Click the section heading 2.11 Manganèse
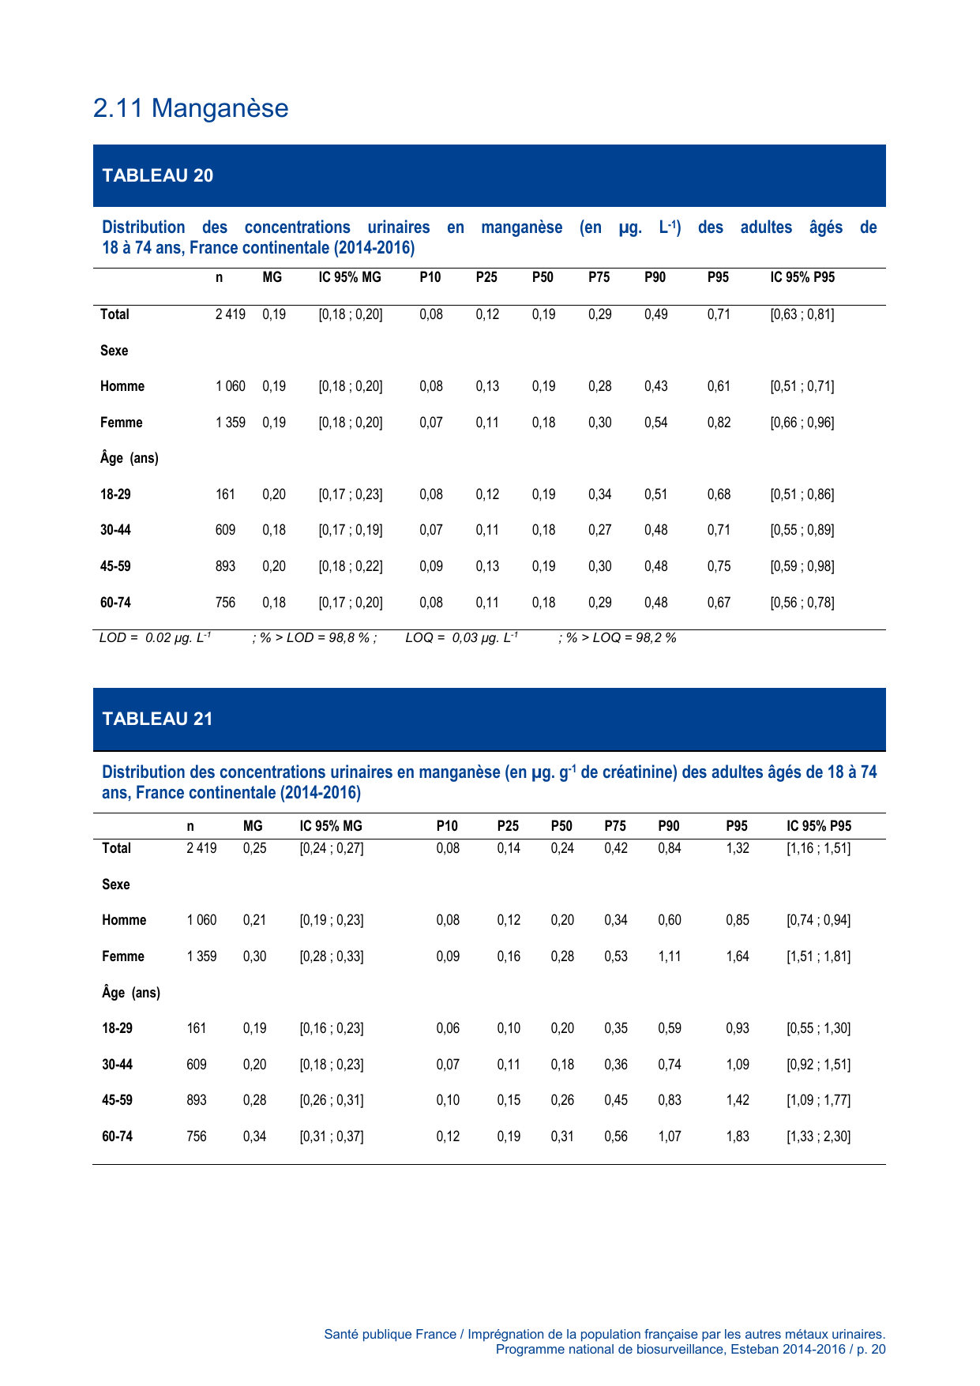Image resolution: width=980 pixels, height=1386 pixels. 190,108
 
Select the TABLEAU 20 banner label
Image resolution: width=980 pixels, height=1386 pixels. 157,175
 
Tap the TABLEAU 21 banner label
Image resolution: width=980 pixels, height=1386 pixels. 157,719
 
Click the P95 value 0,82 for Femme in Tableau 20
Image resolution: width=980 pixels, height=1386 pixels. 719,423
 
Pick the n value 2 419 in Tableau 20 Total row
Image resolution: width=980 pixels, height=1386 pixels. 230,314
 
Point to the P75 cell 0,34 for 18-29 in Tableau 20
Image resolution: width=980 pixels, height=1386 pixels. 599,494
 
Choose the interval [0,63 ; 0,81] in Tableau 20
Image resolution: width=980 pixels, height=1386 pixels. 802,314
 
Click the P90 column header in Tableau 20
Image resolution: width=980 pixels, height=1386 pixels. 655,277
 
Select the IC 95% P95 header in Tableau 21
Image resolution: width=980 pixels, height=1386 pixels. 819,826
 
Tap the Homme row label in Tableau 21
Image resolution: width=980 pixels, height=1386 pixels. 124,920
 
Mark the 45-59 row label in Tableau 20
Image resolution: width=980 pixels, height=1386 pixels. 115,566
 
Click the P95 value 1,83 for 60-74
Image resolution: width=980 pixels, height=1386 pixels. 738,1136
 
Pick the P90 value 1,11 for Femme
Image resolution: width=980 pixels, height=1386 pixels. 669,956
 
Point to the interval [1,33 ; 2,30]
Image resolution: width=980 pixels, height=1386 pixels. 819,1136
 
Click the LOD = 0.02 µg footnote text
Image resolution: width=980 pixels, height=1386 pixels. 155,638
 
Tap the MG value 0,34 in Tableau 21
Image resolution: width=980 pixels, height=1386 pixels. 254,1136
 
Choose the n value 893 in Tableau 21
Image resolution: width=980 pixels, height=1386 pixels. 197,1100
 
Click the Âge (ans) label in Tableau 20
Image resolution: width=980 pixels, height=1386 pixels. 129,458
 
